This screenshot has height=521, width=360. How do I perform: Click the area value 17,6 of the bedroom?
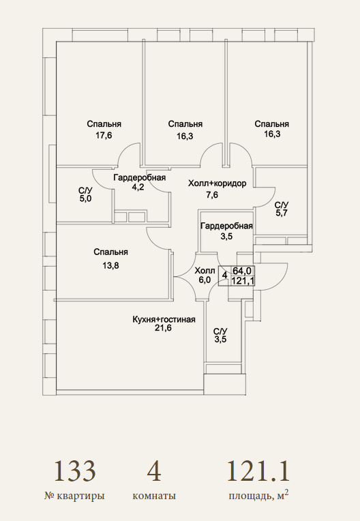[104, 136]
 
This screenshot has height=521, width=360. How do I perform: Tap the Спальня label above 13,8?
[110, 252]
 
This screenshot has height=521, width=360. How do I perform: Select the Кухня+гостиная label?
[164, 320]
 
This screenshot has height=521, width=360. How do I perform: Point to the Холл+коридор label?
[217, 183]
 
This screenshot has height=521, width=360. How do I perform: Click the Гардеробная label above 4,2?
[140, 177]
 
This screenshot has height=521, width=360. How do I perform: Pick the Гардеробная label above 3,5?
[226, 226]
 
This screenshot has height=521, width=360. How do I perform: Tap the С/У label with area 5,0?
[85, 191]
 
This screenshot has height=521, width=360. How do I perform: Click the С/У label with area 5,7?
[282, 205]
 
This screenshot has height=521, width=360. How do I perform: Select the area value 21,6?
[163, 328]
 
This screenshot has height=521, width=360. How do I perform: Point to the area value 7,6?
[212, 195]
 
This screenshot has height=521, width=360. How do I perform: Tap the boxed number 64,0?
[242, 271]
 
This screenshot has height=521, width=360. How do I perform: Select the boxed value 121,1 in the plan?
[243, 281]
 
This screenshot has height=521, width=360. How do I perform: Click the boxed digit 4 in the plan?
[224, 276]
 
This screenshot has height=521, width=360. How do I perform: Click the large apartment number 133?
[75, 471]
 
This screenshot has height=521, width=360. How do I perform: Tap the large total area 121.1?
[258, 471]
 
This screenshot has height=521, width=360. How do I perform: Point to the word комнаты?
[154, 496]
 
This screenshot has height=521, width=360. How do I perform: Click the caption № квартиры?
[74, 496]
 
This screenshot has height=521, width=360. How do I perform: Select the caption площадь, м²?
[258, 496]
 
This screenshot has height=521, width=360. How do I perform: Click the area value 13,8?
[110, 265]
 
